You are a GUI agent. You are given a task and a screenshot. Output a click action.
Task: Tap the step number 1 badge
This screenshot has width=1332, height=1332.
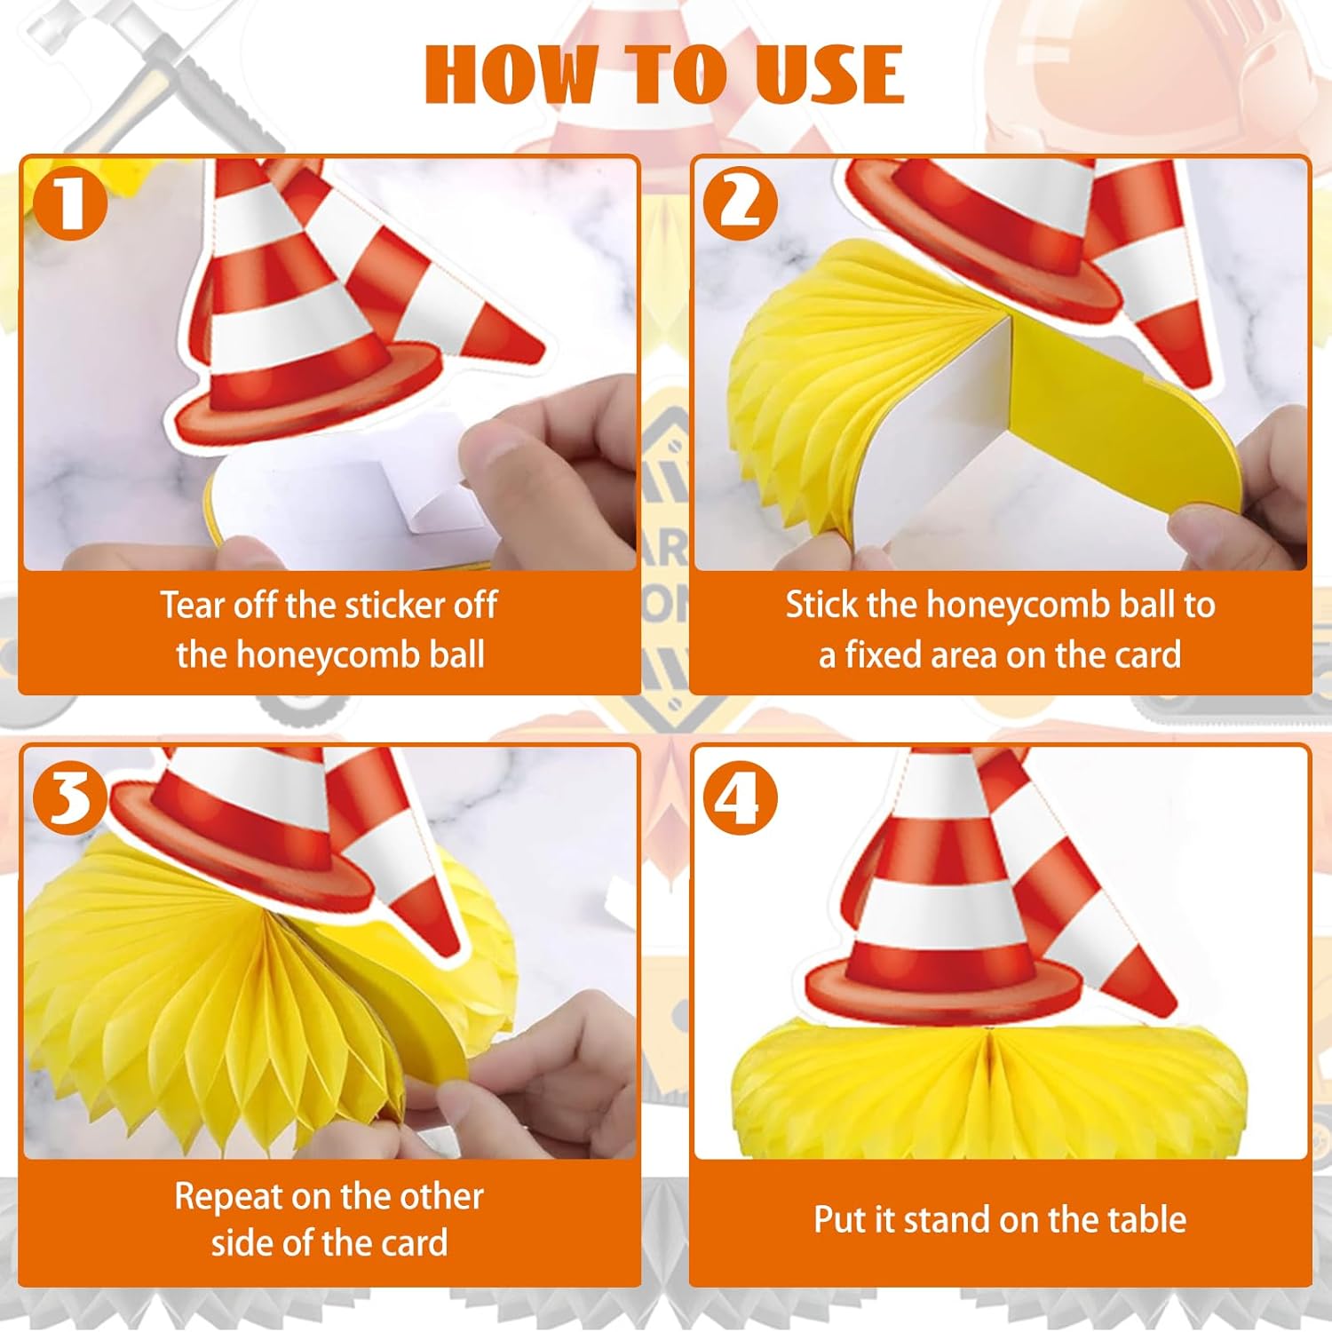coord(70,203)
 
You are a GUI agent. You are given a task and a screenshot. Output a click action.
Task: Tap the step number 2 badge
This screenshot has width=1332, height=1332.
coord(741,203)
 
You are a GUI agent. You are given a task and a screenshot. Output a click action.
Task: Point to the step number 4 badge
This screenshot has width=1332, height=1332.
coord(741,797)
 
